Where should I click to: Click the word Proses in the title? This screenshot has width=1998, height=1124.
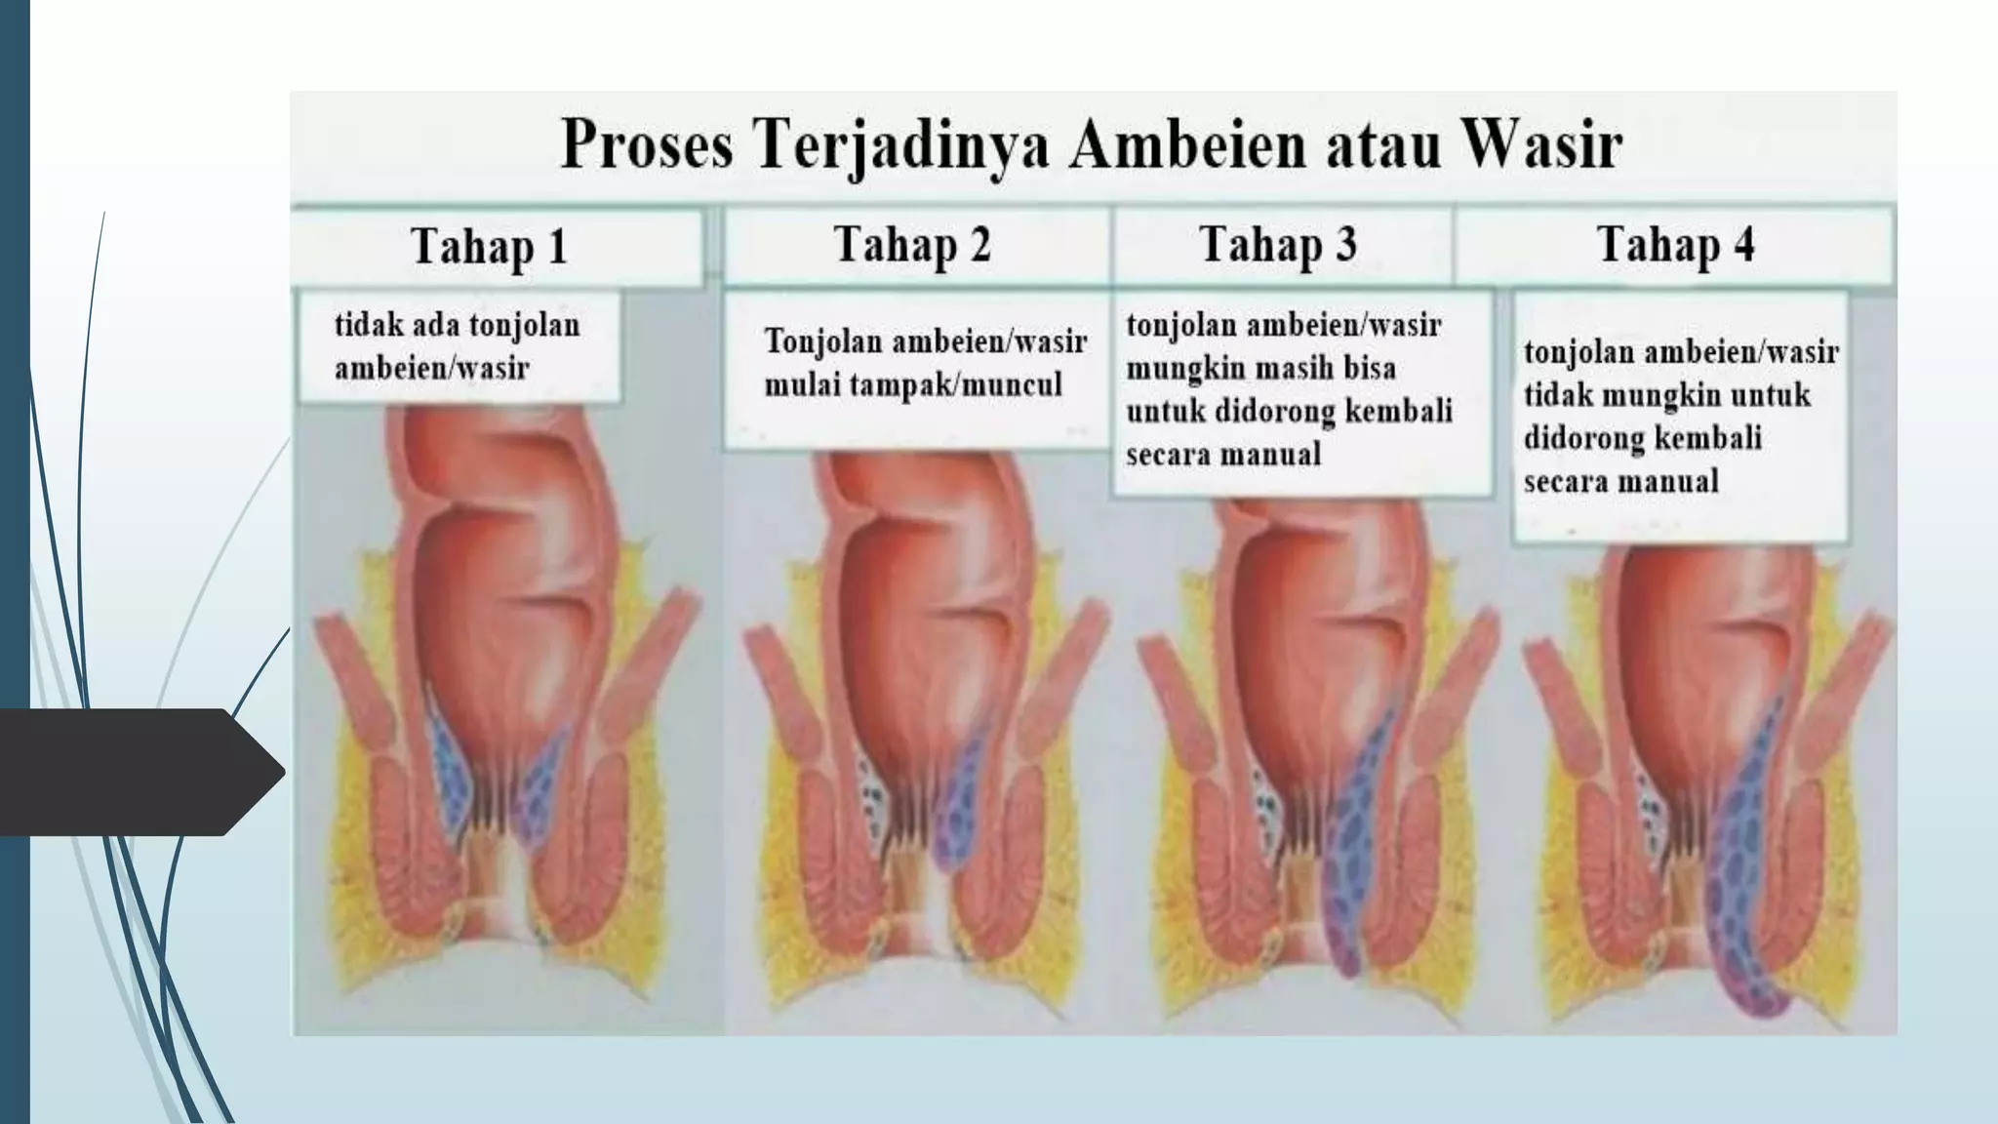click(646, 148)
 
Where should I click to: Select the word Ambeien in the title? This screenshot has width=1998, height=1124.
click(1163, 148)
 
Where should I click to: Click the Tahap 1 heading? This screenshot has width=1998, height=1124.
click(490, 246)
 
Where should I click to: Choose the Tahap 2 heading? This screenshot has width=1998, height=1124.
click(912, 244)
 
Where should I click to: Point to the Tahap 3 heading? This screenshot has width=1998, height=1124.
click(1277, 244)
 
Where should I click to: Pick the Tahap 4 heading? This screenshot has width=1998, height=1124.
click(1675, 244)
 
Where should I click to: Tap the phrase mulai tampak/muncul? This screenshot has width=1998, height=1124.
click(912, 384)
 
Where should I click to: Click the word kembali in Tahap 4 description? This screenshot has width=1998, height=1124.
click(1714, 438)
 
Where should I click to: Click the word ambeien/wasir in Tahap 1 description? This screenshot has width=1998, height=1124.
click(431, 368)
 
